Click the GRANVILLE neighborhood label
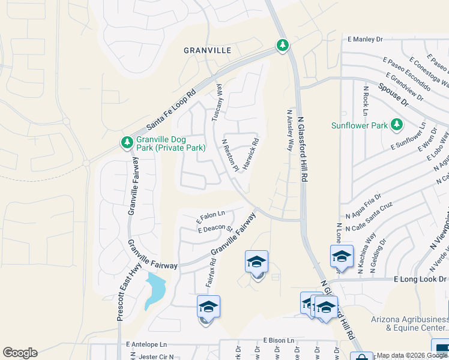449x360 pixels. (208, 51)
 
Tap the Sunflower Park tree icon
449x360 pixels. (396, 125)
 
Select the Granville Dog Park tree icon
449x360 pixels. (126, 142)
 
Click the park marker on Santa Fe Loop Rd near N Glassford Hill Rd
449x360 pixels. (282, 45)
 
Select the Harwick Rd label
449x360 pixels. (250, 154)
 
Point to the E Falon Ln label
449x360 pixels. (211, 214)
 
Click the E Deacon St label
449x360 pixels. (214, 229)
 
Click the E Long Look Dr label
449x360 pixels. (420, 279)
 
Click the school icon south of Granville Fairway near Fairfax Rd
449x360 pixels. (208, 307)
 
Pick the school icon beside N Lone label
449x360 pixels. (342, 257)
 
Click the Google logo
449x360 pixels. (20, 353)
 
